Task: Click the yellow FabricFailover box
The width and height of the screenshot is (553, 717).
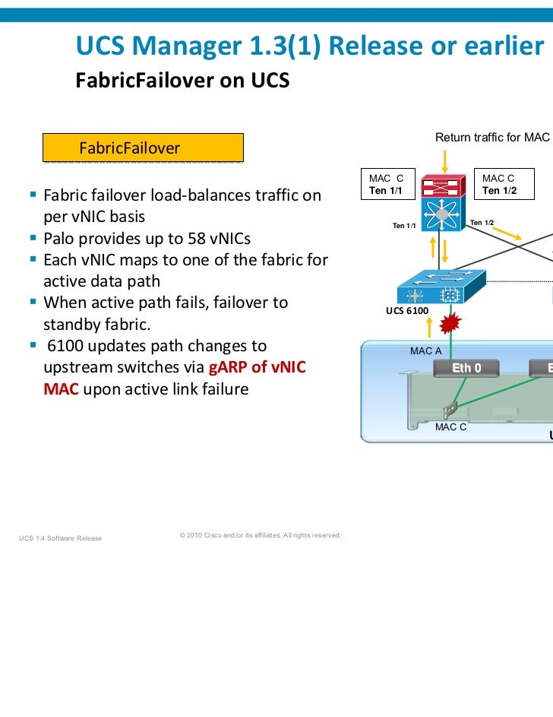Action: [x=143, y=148]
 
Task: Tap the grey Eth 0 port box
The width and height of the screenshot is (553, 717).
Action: [x=466, y=369]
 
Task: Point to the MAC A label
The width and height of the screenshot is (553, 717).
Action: [x=425, y=351]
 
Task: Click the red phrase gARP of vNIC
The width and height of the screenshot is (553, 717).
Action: [x=257, y=368]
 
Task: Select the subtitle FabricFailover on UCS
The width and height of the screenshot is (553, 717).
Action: [x=182, y=80]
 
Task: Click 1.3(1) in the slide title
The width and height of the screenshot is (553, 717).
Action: [x=286, y=47]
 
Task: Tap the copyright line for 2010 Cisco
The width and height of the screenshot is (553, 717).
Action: [x=260, y=535]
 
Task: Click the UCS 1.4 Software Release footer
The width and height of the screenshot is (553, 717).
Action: [x=61, y=539]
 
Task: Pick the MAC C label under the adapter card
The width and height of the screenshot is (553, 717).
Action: [x=450, y=427]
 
